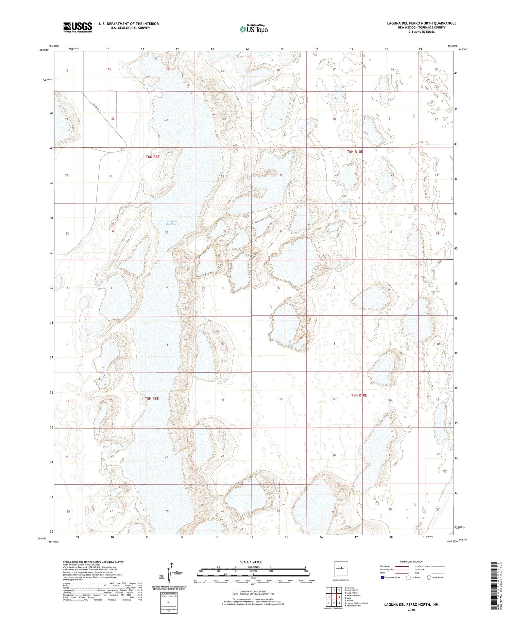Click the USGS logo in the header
tap(78, 27)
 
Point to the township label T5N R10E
tap(359, 395)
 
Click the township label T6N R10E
tap(355, 152)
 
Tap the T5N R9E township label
tap(152, 398)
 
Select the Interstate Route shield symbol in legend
tap(382, 578)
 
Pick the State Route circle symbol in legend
tap(429, 577)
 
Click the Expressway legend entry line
tap(402, 567)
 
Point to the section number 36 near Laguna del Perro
tap(225, 231)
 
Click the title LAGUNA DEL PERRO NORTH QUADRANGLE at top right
tap(421, 23)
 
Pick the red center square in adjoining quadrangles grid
tap(334, 597)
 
